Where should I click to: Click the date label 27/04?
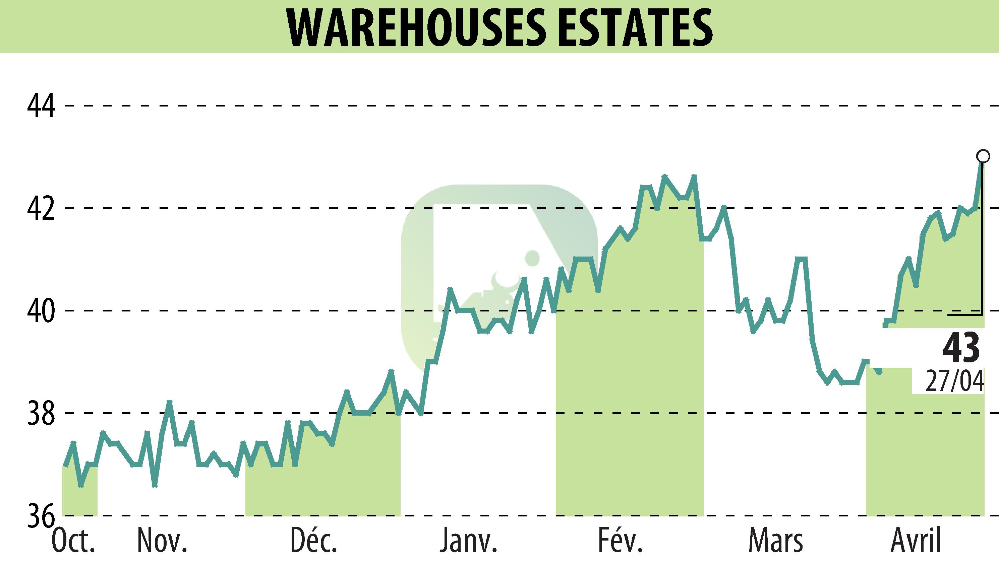[954, 382]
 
